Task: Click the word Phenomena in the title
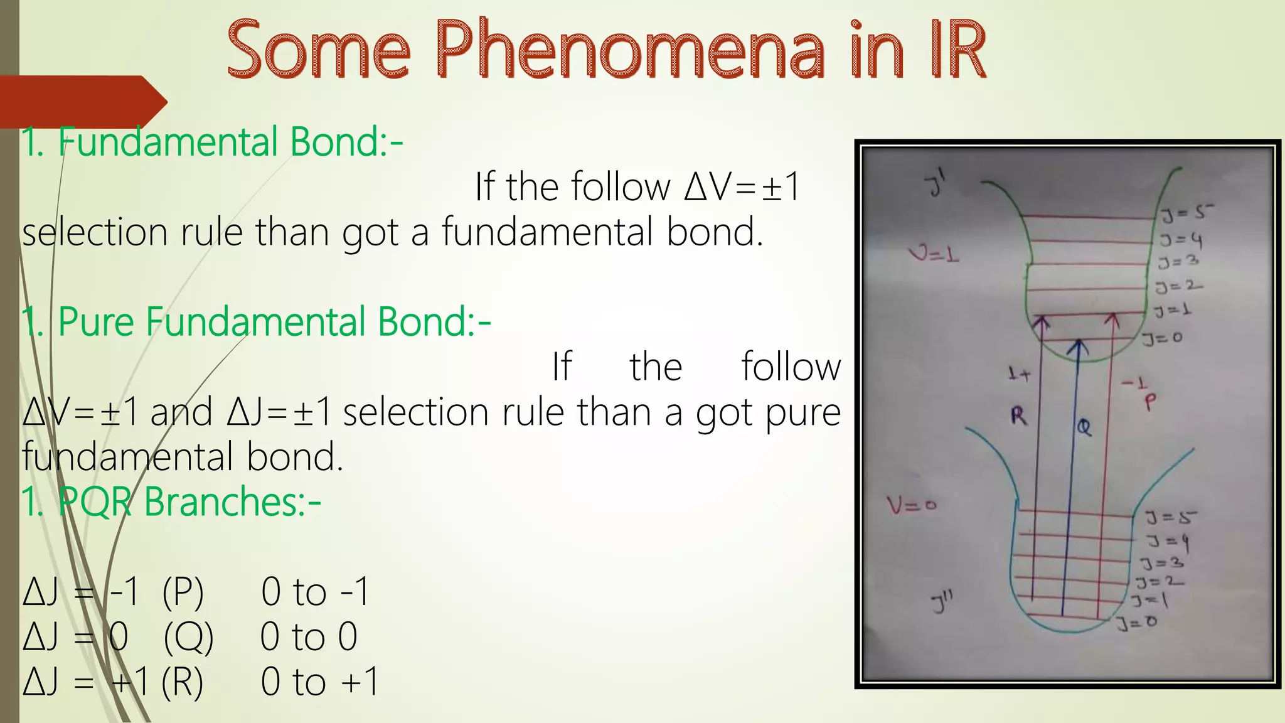(629, 50)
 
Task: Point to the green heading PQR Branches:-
(188, 502)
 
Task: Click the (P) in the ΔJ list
(183, 592)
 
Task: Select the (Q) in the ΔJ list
(188, 637)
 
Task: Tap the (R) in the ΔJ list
(183, 682)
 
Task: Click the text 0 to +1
(320, 682)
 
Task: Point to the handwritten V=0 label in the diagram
(911, 505)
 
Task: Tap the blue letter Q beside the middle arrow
(1084, 427)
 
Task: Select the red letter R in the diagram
(1018, 415)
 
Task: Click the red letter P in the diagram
(1149, 402)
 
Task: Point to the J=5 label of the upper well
(1186, 214)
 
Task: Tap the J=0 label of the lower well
(1136, 623)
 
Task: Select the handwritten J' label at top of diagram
(936, 185)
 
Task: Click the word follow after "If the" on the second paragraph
(791, 367)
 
